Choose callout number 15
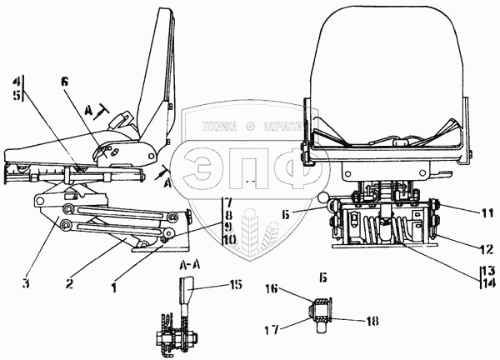pos(236,284)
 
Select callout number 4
pos(17,82)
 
